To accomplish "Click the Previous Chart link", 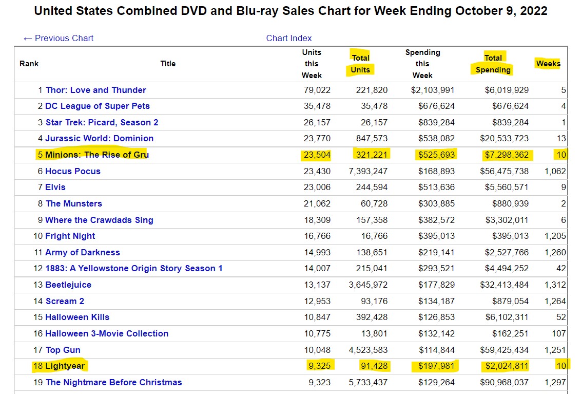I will pos(59,38).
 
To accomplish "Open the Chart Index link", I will pos(289,38).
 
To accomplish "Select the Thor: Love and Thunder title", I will pos(95,90).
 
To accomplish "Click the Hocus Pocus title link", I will pos(73,171).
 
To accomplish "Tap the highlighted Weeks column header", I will pos(548,64).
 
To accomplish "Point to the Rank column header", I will pos(29,64).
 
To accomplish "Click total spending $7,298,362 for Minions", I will pos(507,155).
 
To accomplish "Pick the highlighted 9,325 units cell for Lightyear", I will pos(319,366).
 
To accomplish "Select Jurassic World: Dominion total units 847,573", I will pos(372,138).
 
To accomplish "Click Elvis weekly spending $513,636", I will pos(433,187).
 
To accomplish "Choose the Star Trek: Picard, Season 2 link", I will pos(102,122).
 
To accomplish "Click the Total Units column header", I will pos(360,64).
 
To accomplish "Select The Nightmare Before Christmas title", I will pos(113,382).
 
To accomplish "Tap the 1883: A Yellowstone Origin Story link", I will pos(133,268).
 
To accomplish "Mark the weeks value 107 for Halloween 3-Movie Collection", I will pos(559,333).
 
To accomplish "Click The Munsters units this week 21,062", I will pos(317,203).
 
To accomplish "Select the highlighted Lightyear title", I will pos(66,366).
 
